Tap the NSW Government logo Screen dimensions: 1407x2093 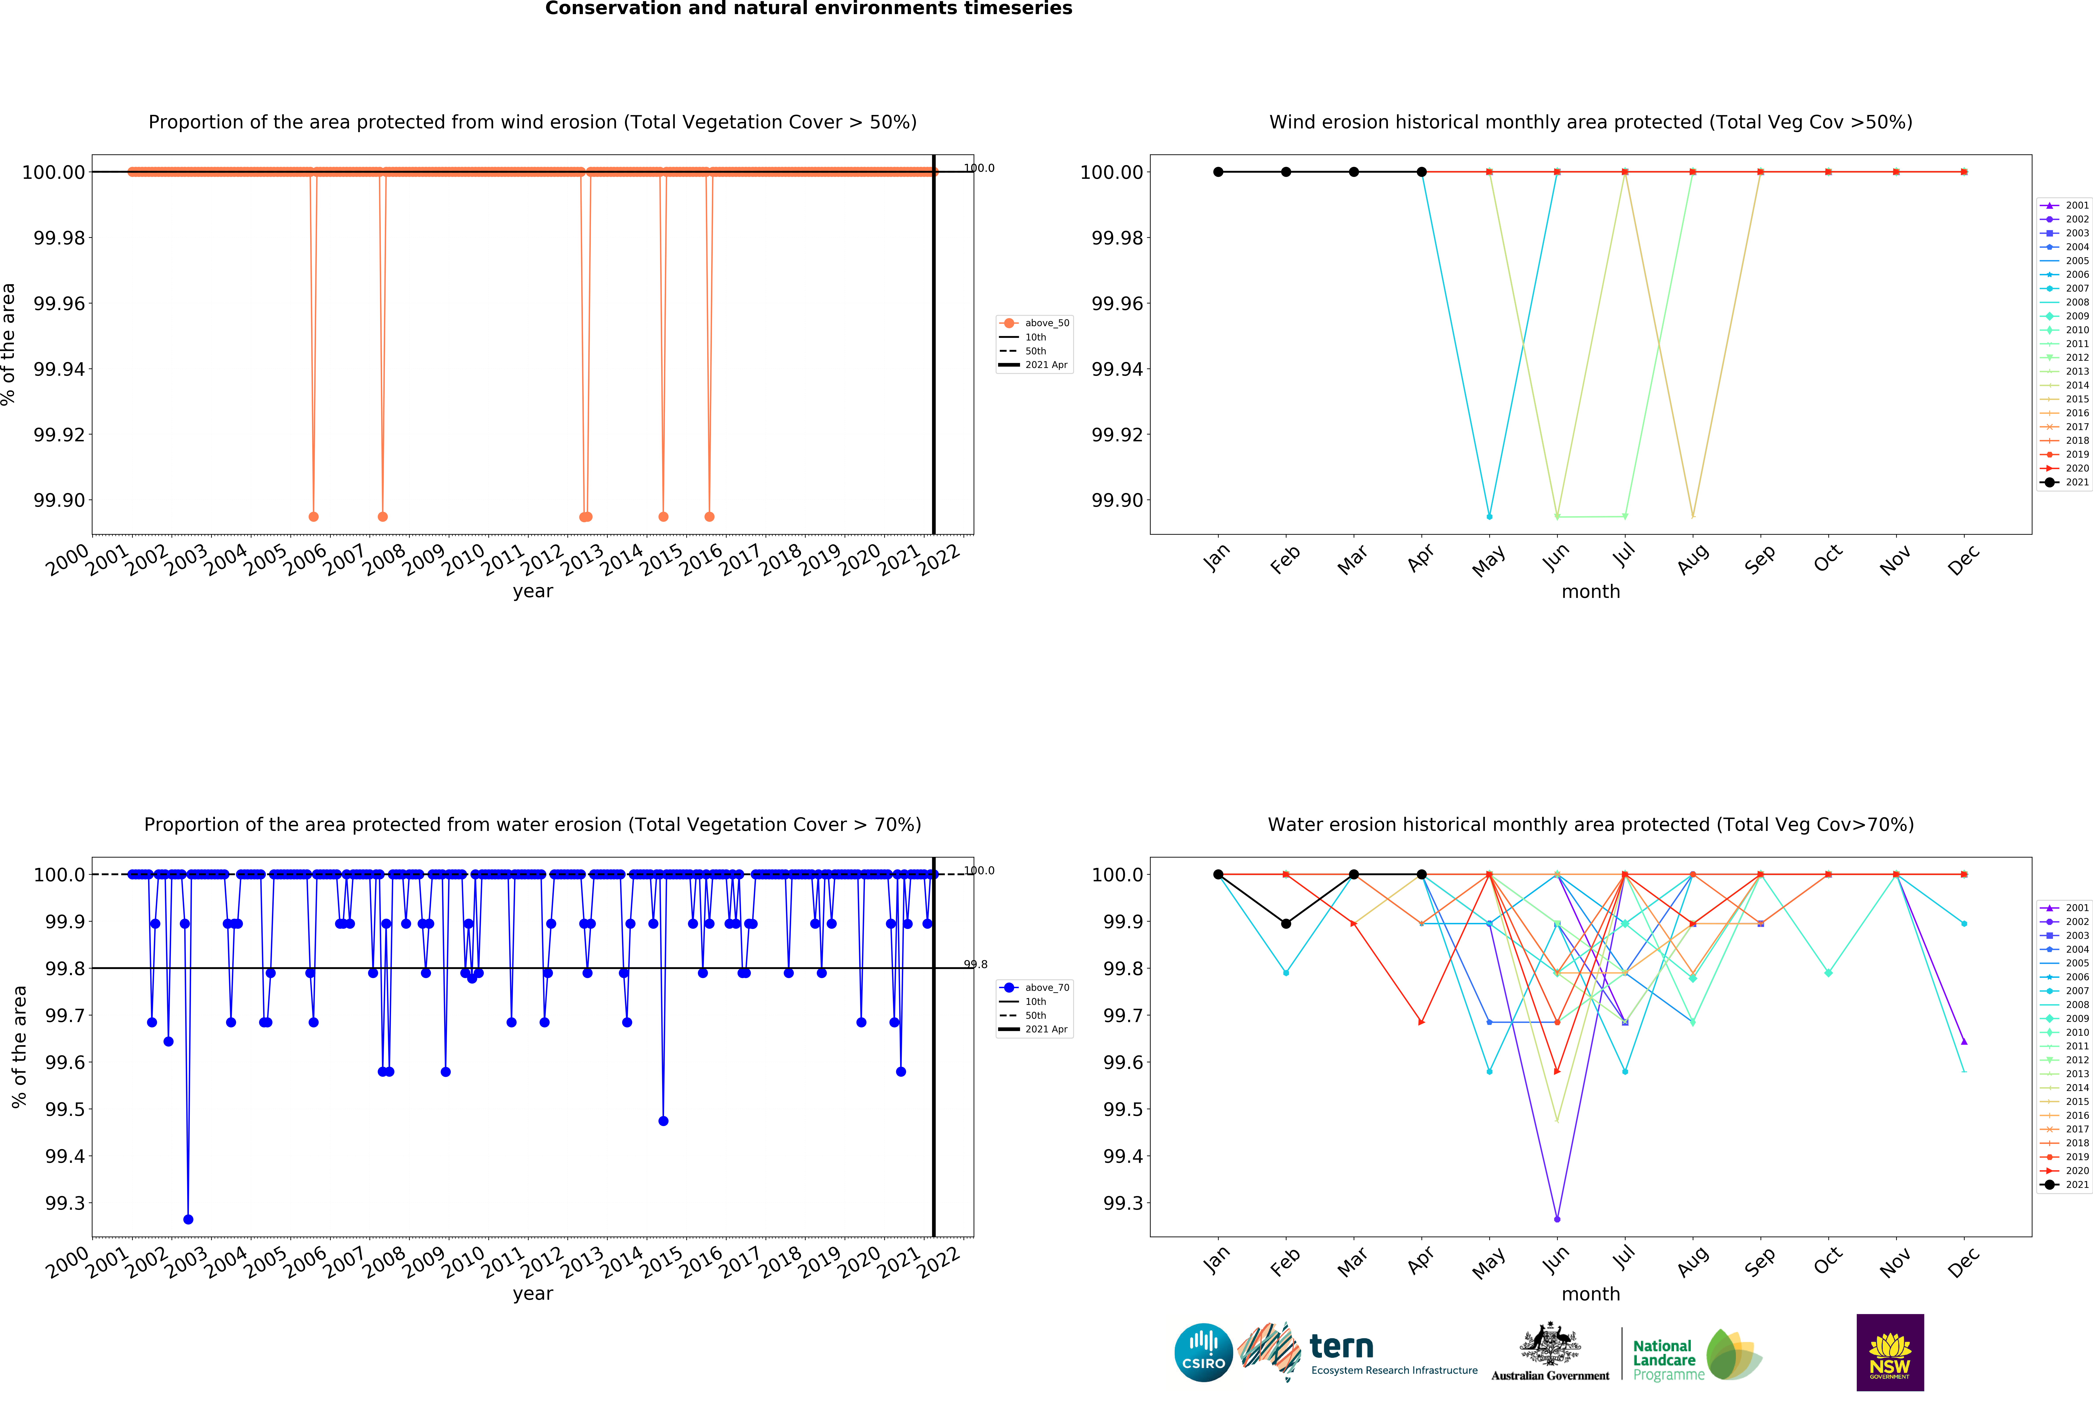1889,1352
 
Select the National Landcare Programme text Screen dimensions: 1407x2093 1667,1359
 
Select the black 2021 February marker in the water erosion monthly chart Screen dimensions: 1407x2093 1286,923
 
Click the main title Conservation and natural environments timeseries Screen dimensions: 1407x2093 808,9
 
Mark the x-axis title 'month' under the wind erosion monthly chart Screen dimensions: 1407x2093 1591,591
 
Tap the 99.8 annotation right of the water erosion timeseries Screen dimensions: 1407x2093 976,965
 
